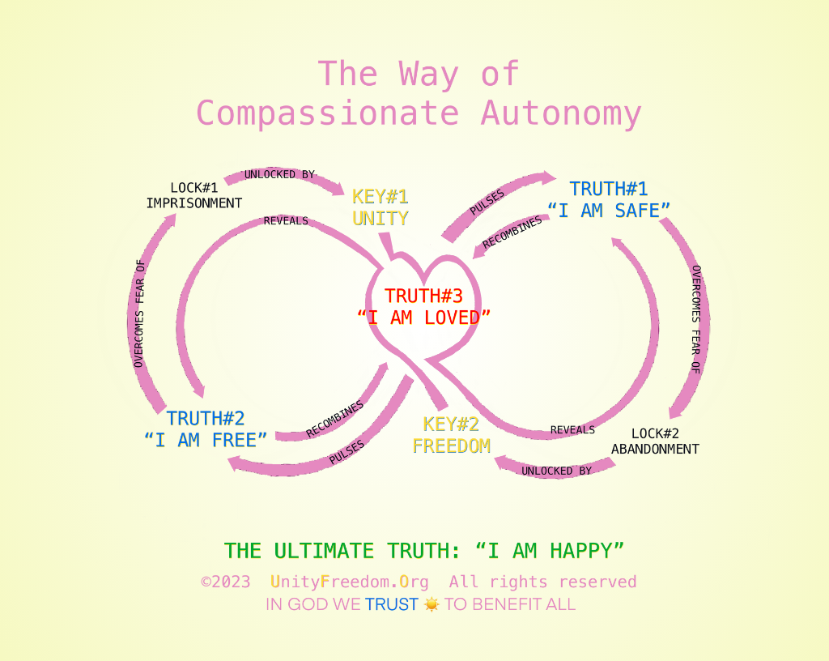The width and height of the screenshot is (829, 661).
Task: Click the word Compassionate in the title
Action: coord(332,113)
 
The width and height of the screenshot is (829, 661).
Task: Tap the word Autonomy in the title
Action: coord(561,113)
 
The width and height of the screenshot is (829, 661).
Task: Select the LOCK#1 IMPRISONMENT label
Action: coord(194,196)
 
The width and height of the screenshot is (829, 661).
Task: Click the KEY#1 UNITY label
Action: coord(380,207)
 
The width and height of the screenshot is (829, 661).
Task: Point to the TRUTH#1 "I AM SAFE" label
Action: coord(609,200)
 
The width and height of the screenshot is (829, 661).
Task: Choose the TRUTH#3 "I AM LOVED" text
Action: coord(423,307)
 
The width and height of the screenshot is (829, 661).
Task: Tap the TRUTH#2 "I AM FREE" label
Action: coord(206,429)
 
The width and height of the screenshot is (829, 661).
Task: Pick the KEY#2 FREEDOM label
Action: coord(451,435)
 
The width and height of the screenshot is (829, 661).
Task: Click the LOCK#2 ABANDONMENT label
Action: coord(655,441)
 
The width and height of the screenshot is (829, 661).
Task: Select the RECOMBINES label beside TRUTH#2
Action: coord(334,419)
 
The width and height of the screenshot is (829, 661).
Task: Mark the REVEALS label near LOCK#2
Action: coord(572,429)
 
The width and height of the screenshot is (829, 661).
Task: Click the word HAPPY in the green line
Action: coord(587,551)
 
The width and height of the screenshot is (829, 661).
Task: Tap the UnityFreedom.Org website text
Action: coord(351,582)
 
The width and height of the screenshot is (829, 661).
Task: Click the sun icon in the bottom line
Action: coord(432,604)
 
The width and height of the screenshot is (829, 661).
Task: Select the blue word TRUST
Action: coord(392,604)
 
